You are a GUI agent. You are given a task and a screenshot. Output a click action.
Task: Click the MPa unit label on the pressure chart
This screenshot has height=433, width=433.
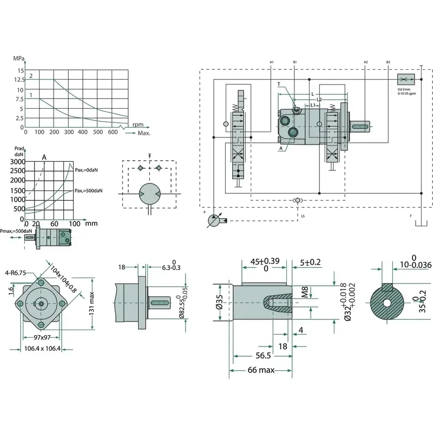[19, 58]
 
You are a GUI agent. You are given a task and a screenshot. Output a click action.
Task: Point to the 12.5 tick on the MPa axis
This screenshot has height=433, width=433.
[19, 80]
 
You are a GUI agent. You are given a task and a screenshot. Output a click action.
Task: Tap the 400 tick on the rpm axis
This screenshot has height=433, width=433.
[83, 132]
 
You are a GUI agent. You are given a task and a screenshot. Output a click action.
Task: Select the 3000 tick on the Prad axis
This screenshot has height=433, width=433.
[18, 162]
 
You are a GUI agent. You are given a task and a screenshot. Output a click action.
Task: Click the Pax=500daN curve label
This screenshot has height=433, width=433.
[89, 191]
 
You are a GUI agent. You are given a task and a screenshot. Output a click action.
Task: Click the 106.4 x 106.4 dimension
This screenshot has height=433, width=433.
[42, 348]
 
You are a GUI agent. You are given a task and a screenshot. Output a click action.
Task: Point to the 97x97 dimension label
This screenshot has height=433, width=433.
[42, 337]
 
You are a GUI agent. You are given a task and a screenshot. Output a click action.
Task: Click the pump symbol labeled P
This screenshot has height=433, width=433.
[215, 221]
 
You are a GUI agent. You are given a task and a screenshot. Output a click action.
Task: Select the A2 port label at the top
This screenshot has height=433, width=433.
[366, 63]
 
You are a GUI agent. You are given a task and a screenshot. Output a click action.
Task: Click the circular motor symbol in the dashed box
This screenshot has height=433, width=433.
[149, 193]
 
